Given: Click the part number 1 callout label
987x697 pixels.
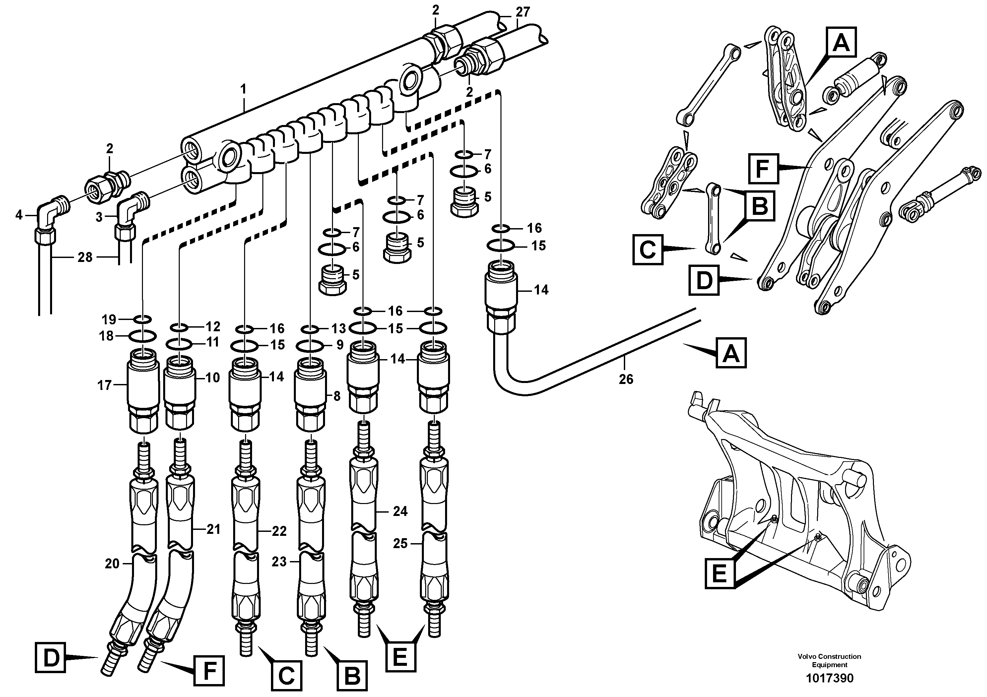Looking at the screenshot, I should tap(243, 90).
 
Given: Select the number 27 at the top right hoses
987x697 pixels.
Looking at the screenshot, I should tap(523, 12).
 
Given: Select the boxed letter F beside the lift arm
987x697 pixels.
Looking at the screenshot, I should tap(763, 168).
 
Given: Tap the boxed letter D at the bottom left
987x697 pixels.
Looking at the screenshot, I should tap(51, 658).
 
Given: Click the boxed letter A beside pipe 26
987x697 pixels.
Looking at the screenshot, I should tap(731, 353).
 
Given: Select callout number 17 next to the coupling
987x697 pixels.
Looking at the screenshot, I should tap(104, 385).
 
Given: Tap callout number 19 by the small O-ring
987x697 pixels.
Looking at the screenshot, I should tap(109, 319).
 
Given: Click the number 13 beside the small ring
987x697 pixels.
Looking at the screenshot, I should tap(338, 329).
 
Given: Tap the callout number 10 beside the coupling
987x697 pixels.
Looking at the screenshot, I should tap(213, 378).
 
